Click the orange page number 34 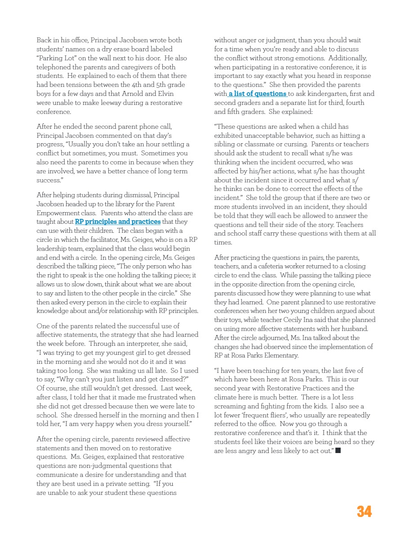pyautogui.click(x=364, y=512)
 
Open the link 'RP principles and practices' pyautogui.click(x=117, y=222)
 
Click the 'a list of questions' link pyautogui.click(x=257, y=94)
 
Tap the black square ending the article pyautogui.click(x=337, y=451)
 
